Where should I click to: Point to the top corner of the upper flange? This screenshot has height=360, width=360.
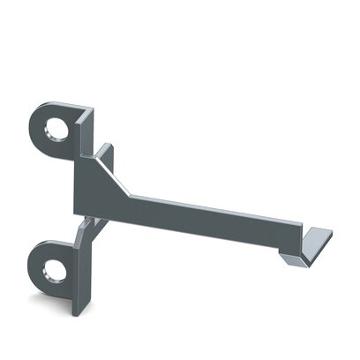(x=87, y=109)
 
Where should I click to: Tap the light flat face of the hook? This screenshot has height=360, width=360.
(x=319, y=238)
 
